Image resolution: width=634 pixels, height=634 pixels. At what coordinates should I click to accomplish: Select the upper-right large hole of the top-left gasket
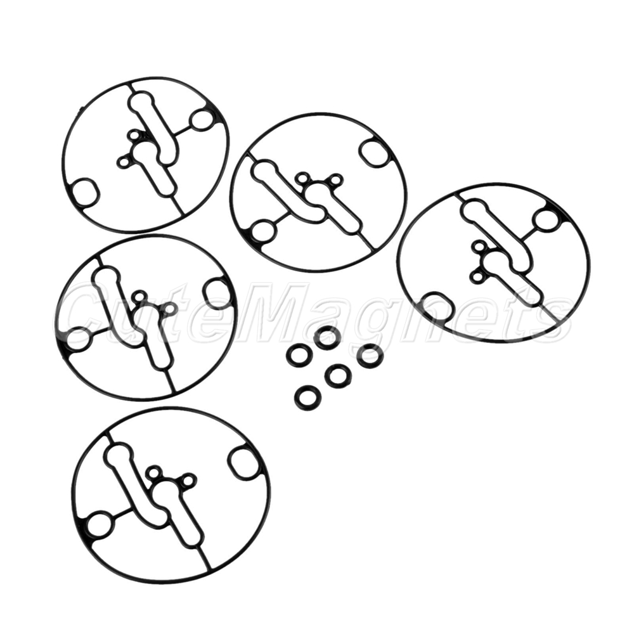pos(204,120)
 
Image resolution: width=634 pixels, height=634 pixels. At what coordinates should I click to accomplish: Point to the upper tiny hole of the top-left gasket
pos(133,135)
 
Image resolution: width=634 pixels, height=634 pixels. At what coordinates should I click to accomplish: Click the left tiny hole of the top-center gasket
pos(302,178)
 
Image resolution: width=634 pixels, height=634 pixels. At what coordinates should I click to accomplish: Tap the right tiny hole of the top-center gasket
pos(336,179)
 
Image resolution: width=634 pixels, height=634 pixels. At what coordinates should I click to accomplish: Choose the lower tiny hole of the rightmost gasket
pos(476,277)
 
